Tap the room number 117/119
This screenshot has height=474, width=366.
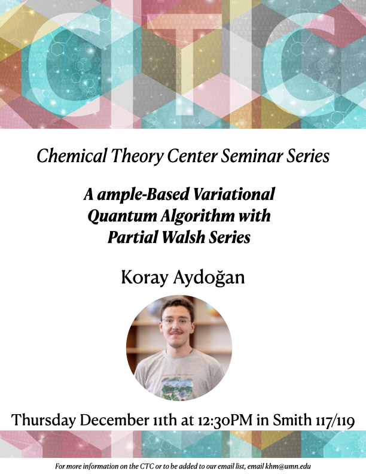tap(331, 420)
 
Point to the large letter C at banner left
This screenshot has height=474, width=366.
tap(60, 66)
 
